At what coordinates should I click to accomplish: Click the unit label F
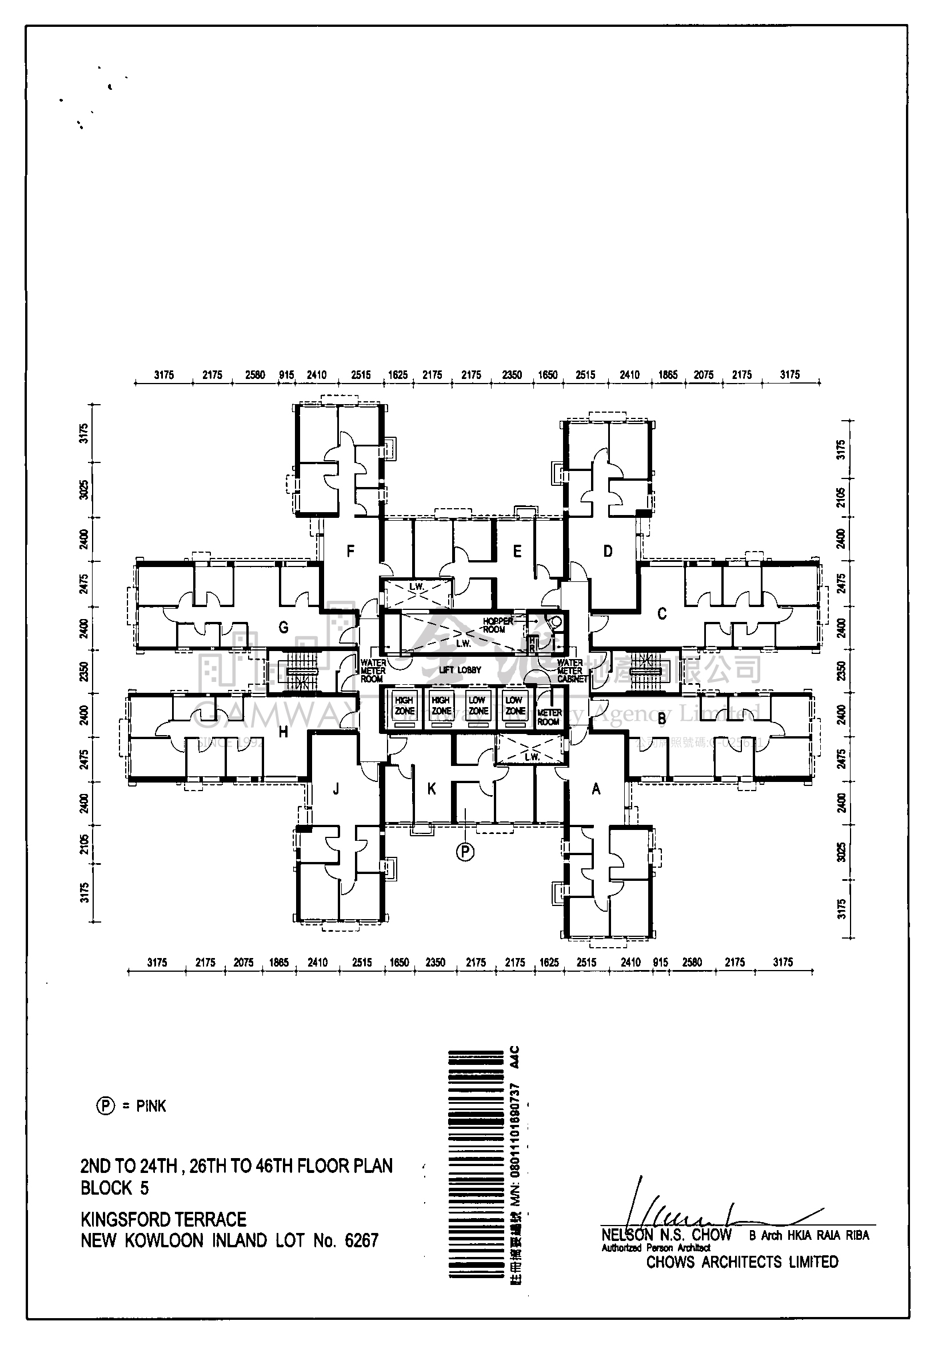(350, 551)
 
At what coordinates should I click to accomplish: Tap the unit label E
(517, 551)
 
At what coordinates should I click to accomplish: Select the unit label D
(608, 551)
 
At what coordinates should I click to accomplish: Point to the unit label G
(284, 628)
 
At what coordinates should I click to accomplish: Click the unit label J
(336, 789)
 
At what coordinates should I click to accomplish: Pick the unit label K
(432, 789)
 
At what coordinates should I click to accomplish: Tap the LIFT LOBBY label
(460, 670)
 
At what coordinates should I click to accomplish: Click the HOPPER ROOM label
(497, 625)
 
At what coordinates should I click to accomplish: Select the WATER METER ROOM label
(373, 670)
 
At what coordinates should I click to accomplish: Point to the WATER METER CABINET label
(571, 670)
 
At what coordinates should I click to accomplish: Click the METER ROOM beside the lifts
(549, 717)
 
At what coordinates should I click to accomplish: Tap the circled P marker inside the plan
(465, 851)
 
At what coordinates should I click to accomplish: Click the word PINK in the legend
(151, 1106)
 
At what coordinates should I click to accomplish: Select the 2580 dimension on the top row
(255, 375)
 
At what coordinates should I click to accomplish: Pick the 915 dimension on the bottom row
(660, 963)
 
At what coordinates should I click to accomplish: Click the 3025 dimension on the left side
(84, 489)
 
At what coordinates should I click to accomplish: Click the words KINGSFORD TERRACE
(163, 1219)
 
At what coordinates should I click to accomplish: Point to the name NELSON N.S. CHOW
(666, 1235)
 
